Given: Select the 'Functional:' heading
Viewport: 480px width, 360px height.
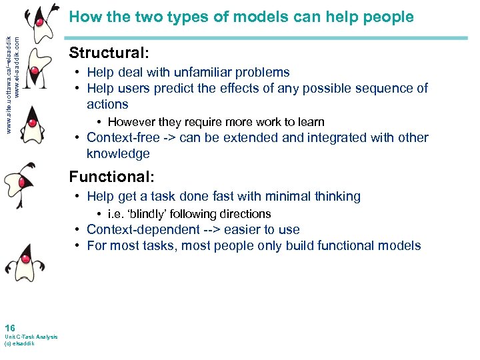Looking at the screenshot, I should tap(112, 177).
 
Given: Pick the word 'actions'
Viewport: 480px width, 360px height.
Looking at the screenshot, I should tap(107, 104).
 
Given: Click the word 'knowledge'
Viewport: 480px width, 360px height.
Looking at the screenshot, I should tap(118, 153).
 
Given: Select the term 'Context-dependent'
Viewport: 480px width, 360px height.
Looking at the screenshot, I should tap(143, 229).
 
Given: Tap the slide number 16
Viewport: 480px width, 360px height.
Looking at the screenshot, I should tap(9, 327).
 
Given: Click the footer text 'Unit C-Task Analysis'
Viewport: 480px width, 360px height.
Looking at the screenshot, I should tap(31, 337).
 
